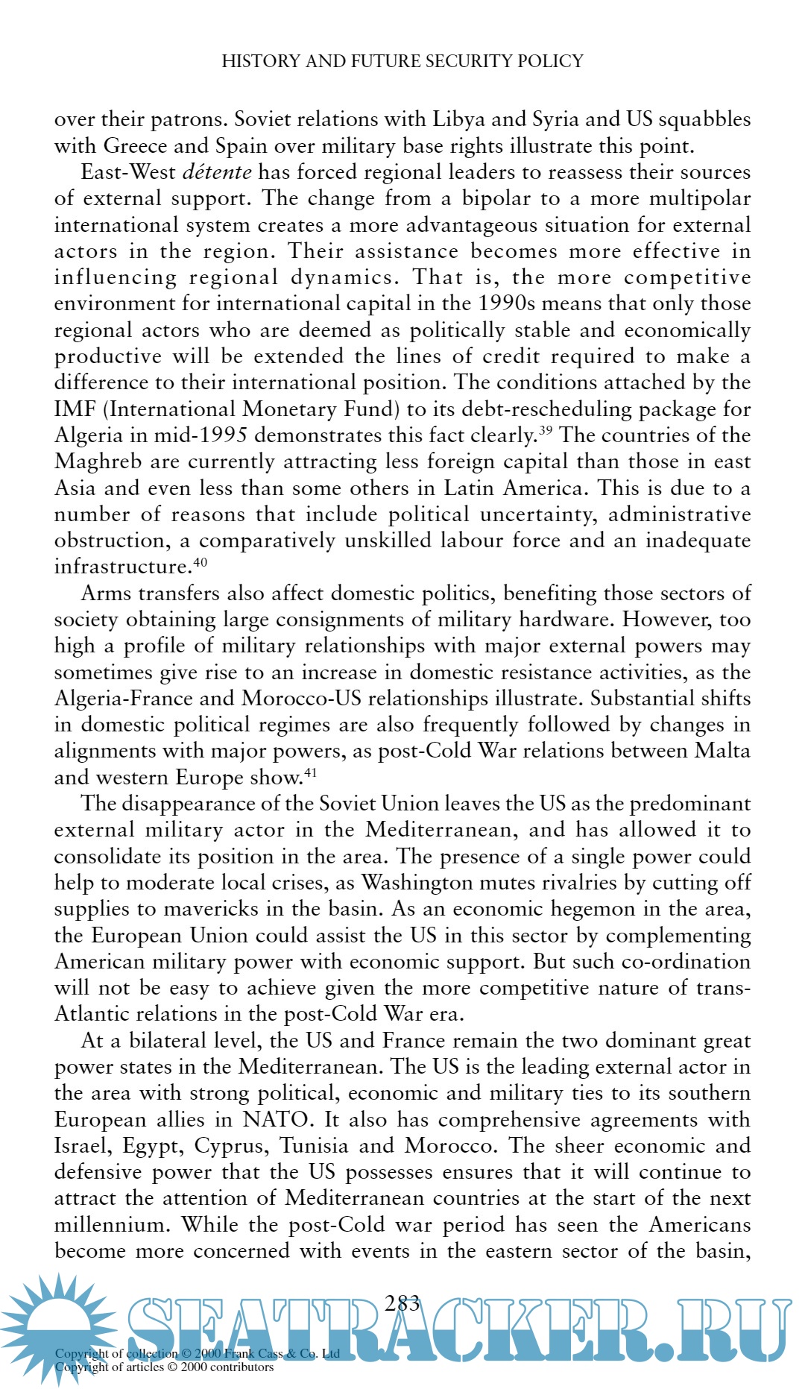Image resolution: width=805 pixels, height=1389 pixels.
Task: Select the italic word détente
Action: click(217, 172)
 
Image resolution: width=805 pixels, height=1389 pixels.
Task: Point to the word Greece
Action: click(135, 145)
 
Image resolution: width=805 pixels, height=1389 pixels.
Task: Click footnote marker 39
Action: click(546, 429)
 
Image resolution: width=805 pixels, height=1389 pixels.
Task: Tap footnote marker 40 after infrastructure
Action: click(200, 561)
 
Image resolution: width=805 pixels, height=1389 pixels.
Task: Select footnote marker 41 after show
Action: click(310, 772)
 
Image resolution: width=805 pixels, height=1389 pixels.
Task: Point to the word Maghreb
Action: click(98, 462)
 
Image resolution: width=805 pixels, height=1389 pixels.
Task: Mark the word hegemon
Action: click(616, 909)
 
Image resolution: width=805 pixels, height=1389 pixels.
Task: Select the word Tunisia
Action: click(314, 1146)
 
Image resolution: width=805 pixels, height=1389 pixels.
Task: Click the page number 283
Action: click(402, 1303)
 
